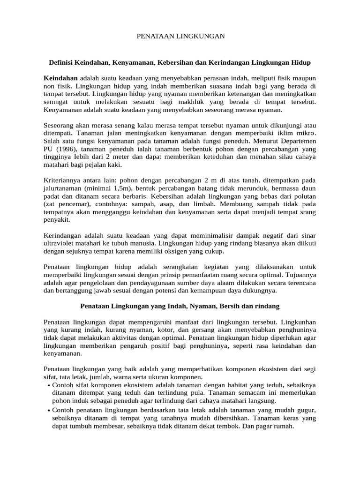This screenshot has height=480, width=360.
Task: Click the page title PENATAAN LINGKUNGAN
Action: pyautogui.click(x=180, y=36)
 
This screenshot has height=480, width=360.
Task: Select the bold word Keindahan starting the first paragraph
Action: pyautogui.click(x=60, y=77)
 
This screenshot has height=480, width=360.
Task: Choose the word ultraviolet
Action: pyautogui.click(x=61, y=244)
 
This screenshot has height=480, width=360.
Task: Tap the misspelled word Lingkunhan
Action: pyautogui.click(x=299, y=322)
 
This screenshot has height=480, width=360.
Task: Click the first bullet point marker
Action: pyautogui.click(x=49, y=385)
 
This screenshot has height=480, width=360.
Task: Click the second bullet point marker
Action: pyautogui.click(x=49, y=410)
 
